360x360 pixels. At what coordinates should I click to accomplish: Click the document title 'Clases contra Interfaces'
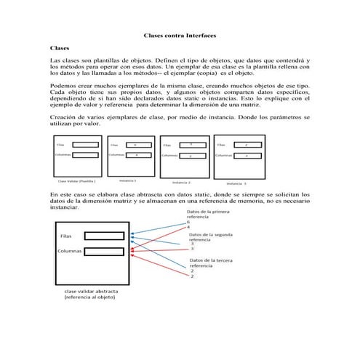(x=180, y=35)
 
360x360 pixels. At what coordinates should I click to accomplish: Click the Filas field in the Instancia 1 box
(x=136, y=145)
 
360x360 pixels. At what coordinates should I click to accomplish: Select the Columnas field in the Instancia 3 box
(x=247, y=155)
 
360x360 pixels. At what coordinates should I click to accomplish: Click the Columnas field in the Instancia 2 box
(x=191, y=156)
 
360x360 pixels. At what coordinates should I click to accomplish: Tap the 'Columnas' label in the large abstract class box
(x=65, y=251)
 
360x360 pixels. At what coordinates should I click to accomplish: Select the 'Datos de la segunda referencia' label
(x=212, y=238)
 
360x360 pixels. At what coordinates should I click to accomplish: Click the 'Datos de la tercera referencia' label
(x=211, y=263)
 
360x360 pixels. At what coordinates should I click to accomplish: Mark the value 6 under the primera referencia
(x=189, y=223)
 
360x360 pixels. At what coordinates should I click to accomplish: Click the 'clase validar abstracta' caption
(x=89, y=292)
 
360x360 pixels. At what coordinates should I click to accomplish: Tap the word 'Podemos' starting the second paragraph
(x=61, y=85)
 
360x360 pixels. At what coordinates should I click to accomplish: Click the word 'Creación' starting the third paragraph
(x=63, y=117)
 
